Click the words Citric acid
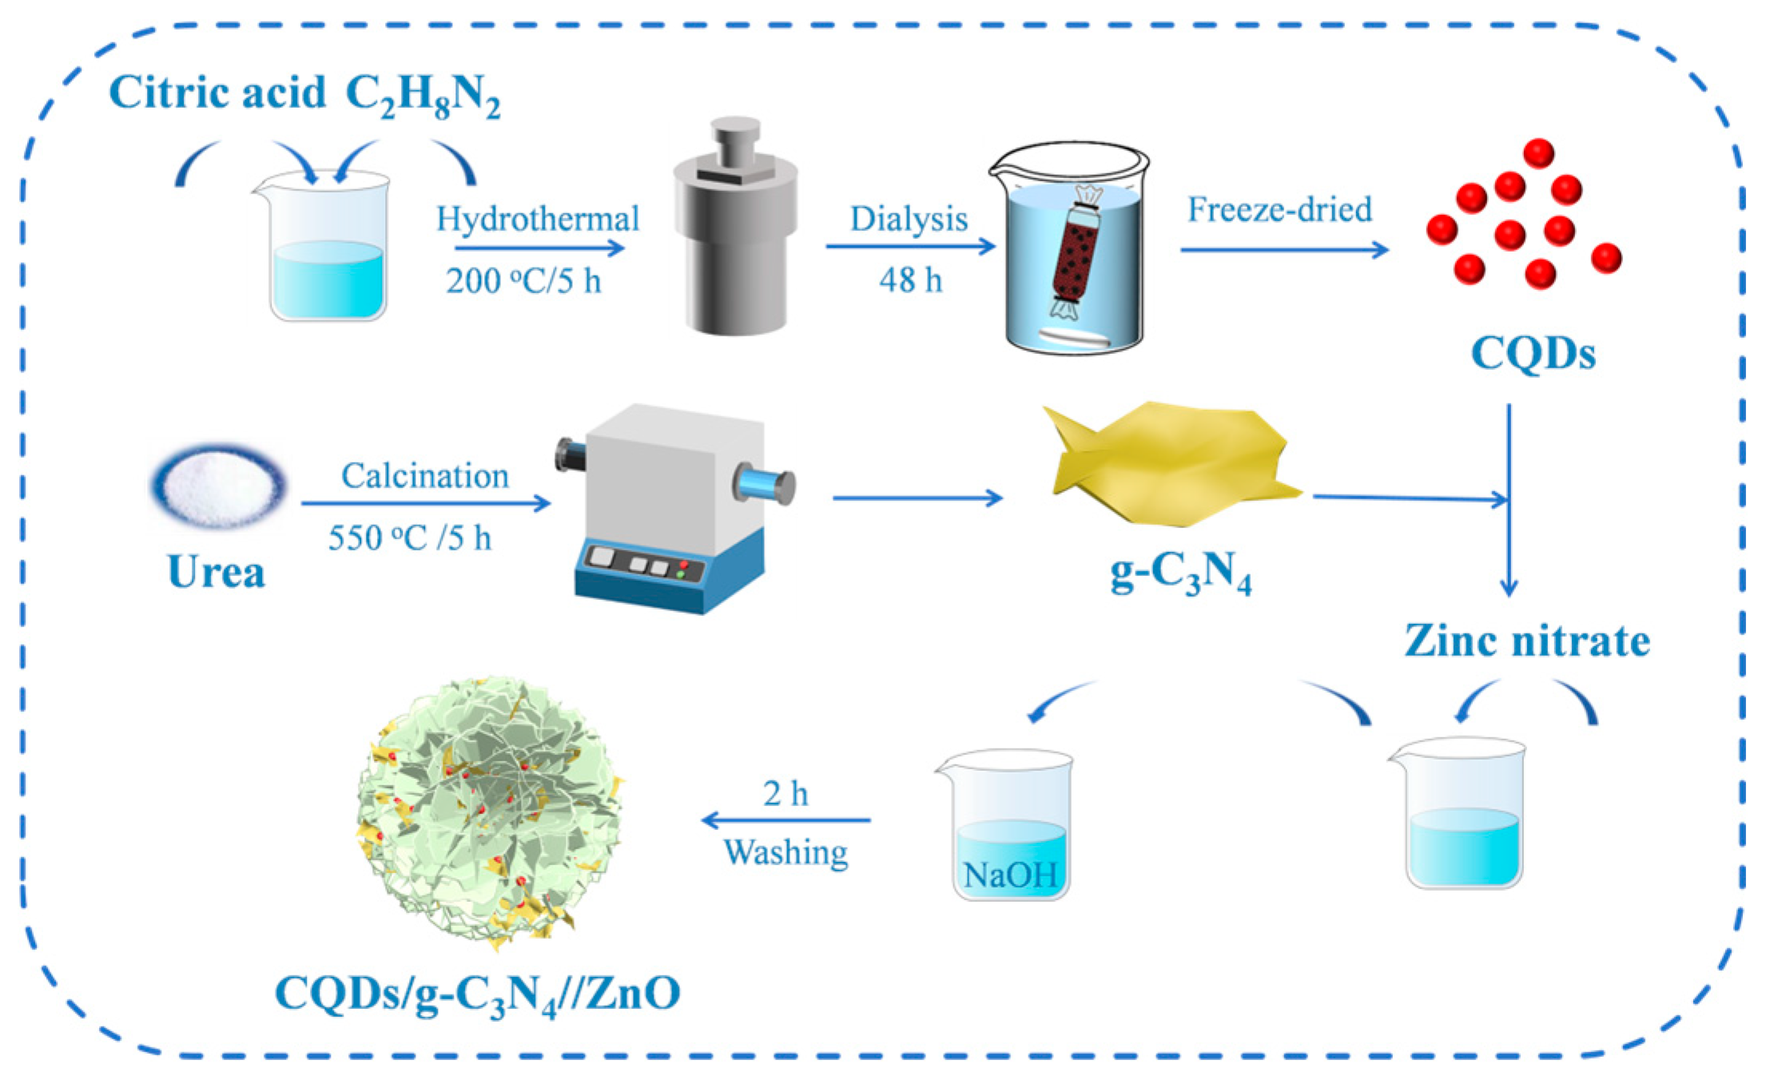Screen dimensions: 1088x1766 (217, 92)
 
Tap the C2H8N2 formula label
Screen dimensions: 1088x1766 (423, 96)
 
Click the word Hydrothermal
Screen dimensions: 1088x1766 (538, 218)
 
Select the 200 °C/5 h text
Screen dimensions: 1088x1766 (523, 280)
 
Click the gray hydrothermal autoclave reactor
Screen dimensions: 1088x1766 (735, 240)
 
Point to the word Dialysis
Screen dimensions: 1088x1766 (909, 219)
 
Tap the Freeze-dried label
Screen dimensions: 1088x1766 (1279, 209)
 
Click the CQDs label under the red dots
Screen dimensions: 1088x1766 (1533, 352)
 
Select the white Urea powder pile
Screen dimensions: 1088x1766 (218, 486)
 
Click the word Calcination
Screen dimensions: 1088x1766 (424, 476)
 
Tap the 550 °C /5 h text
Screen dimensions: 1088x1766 (409, 538)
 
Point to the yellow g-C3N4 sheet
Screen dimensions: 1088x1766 (1171, 463)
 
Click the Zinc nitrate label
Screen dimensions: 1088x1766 (1527, 640)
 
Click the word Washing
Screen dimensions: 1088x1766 (786, 852)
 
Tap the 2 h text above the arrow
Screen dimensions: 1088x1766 (786, 793)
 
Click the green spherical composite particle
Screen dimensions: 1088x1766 (489, 811)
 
